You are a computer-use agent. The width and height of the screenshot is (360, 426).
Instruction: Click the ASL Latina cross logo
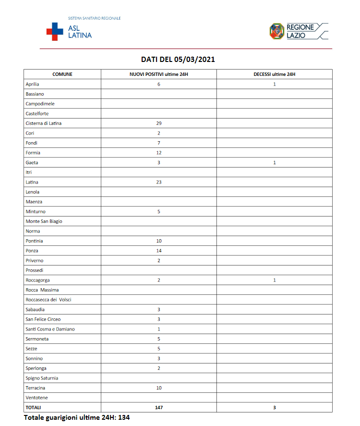pyautogui.click(x=55, y=31)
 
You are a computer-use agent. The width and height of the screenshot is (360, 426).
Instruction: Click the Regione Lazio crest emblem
pyautogui.click(x=276, y=31)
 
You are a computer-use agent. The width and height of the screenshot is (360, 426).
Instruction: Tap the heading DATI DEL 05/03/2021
pyautogui.click(x=178, y=60)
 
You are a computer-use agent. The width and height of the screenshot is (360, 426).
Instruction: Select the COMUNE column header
pyautogui.click(x=62, y=74)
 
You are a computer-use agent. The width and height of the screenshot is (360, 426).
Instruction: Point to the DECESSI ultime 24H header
pyautogui.click(x=274, y=74)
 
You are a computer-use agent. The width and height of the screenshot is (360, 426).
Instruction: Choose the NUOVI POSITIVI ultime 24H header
pyautogui.click(x=158, y=74)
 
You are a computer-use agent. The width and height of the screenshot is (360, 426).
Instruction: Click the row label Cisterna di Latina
pyautogui.click(x=43, y=123)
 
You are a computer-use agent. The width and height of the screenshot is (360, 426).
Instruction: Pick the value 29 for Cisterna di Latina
pyautogui.click(x=158, y=123)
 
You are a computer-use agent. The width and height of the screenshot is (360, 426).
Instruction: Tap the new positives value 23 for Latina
pyautogui.click(x=158, y=182)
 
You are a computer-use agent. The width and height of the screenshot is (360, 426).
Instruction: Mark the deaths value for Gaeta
pyautogui.click(x=274, y=163)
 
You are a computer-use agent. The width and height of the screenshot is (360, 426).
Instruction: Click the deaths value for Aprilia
pyautogui.click(x=274, y=84)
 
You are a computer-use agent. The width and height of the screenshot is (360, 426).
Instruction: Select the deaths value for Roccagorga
pyautogui.click(x=274, y=280)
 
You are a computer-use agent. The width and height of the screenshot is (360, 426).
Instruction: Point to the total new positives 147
pyautogui.click(x=158, y=407)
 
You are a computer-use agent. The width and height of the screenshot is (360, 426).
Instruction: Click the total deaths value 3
pyautogui.click(x=274, y=407)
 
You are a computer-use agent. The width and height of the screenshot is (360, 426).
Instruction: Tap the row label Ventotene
pyautogui.click(x=36, y=398)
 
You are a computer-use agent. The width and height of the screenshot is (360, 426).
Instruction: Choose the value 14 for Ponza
pyautogui.click(x=158, y=251)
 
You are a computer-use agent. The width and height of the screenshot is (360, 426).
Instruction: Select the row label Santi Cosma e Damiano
pyautogui.click(x=50, y=329)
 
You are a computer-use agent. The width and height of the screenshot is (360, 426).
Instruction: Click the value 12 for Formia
pyautogui.click(x=158, y=153)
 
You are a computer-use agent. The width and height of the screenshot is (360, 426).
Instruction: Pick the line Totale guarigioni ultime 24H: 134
pyautogui.click(x=77, y=417)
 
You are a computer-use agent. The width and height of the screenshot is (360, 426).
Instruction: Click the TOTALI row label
pyautogui.click(x=33, y=407)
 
